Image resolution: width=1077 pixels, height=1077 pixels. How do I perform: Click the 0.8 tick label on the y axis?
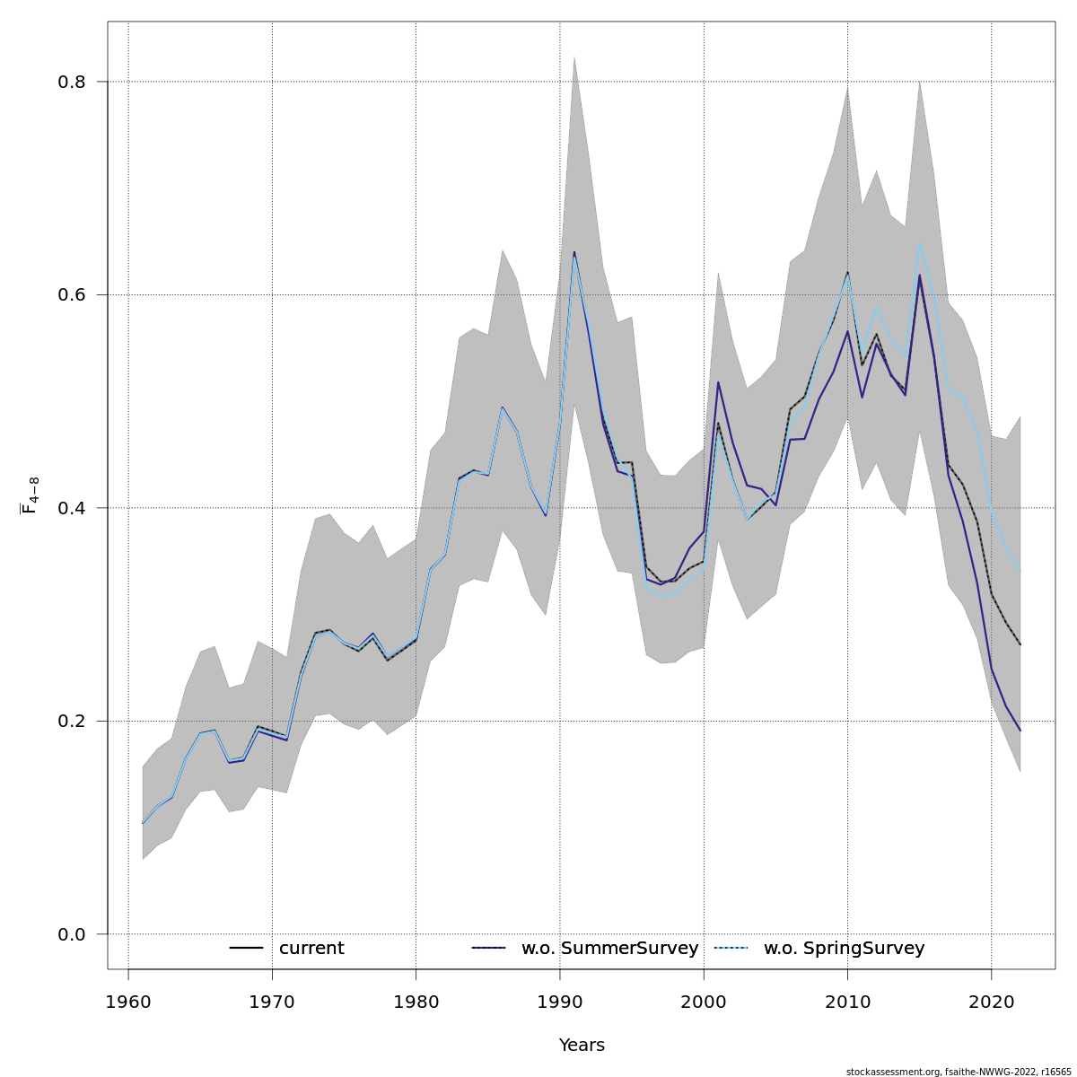(72, 82)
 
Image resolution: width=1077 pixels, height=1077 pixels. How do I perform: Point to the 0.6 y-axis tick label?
(72, 294)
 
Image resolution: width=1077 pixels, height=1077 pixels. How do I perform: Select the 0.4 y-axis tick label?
(72, 508)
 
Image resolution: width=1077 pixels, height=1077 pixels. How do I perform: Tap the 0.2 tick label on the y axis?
(72, 721)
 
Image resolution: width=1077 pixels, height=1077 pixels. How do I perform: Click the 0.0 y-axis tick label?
(72, 934)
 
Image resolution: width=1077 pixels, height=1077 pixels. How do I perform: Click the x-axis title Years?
(582, 1046)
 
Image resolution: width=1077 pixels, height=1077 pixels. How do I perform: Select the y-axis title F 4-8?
(30, 495)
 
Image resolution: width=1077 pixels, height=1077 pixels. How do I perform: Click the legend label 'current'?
(311, 949)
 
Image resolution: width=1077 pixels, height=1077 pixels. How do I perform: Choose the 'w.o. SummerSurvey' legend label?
(609, 949)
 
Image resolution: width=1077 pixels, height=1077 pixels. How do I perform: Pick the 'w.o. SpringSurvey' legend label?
(844, 949)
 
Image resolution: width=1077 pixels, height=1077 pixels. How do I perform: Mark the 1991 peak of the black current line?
(574, 252)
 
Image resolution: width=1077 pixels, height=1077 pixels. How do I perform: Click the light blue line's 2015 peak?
(920, 242)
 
